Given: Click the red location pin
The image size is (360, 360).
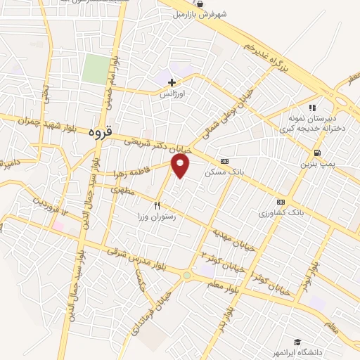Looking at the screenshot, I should coord(181,165).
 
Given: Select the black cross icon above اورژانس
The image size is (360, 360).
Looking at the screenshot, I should coord(172,82).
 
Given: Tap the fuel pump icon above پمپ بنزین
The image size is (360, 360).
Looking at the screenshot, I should coord(318,153).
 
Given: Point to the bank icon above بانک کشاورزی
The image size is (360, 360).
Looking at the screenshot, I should coord(281,202).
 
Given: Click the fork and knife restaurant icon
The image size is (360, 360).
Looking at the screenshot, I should coord(157,206).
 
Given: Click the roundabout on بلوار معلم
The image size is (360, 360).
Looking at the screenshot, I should coord(186,276).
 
